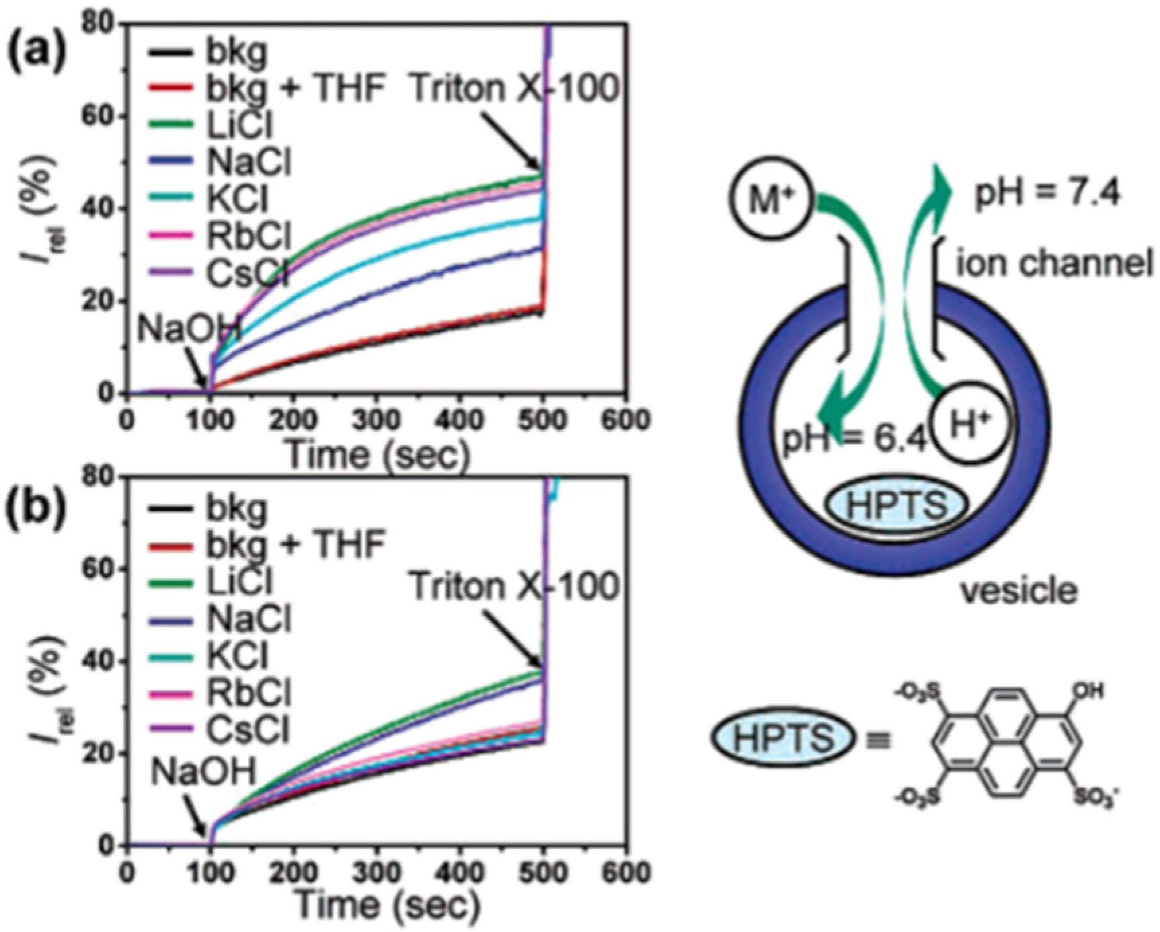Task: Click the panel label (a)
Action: pyautogui.click(x=37, y=51)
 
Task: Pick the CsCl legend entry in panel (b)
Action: pyautogui.click(x=239, y=729)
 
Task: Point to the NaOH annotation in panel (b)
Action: pyautogui.click(x=203, y=771)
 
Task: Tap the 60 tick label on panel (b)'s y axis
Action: pyautogui.click(x=103, y=568)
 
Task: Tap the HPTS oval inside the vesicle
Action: pyautogui.click(x=896, y=506)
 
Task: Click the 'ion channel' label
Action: pyautogui.click(x=1054, y=264)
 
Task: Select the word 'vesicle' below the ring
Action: pyautogui.click(x=1019, y=590)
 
